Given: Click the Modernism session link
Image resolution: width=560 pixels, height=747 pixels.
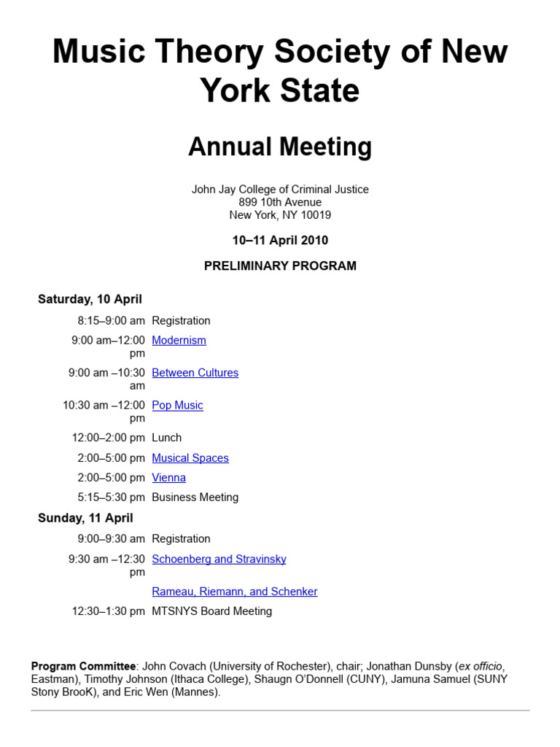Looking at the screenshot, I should [x=179, y=340].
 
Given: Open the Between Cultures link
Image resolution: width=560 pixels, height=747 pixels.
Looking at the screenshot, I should [x=195, y=373].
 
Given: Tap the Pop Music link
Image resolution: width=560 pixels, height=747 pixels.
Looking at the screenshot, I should [x=177, y=405].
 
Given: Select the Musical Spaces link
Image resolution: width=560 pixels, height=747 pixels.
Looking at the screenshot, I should [x=190, y=458].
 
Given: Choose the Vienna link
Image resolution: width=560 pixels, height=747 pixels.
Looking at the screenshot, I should [x=168, y=478].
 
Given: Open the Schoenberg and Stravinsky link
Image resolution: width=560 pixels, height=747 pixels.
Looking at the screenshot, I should [x=219, y=559].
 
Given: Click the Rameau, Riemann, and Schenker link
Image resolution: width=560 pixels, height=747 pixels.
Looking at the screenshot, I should [x=234, y=592].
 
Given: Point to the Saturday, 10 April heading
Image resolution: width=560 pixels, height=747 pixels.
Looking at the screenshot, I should [x=90, y=299].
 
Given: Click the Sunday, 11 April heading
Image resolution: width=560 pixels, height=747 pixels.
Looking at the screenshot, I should [x=85, y=518].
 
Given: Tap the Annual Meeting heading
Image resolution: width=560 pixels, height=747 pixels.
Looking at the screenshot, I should [x=280, y=147].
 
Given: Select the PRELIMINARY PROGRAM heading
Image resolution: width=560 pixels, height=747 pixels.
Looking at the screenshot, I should [x=280, y=266].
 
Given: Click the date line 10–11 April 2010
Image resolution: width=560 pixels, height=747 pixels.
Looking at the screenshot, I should [x=280, y=240].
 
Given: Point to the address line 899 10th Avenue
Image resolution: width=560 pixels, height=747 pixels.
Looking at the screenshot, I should [x=280, y=202].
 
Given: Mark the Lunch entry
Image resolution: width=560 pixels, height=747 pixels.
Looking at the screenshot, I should [x=166, y=438].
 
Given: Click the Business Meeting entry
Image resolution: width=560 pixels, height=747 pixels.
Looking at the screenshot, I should [x=195, y=498].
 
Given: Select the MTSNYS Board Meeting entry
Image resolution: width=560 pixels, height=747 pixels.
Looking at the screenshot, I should [x=211, y=611].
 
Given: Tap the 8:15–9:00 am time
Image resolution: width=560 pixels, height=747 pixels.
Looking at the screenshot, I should [x=111, y=320].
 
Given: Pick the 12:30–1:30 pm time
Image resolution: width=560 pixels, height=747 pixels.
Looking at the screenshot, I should [x=108, y=611].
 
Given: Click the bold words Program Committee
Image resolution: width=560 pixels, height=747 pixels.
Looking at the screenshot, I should [x=83, y=666].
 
